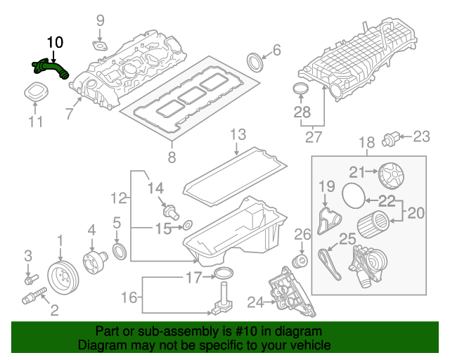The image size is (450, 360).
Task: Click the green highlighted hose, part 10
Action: [51, 70]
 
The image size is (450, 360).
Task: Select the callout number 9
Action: [100, 20]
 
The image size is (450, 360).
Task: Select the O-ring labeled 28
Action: [301, 91]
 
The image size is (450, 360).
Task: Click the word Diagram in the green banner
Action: [104, 346]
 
